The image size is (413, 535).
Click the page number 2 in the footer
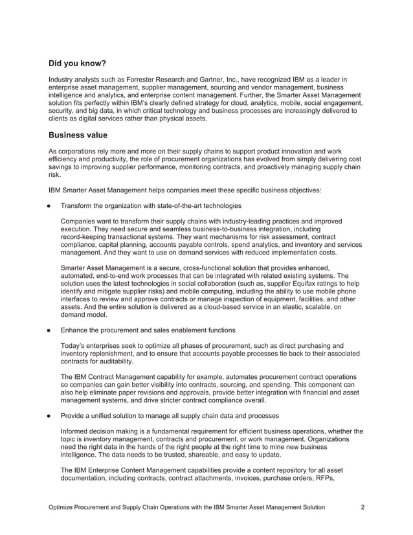click(x=363, y=507)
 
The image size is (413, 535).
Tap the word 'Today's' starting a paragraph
click(x=74, y=346)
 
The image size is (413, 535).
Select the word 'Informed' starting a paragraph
click(x=76, y=431)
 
